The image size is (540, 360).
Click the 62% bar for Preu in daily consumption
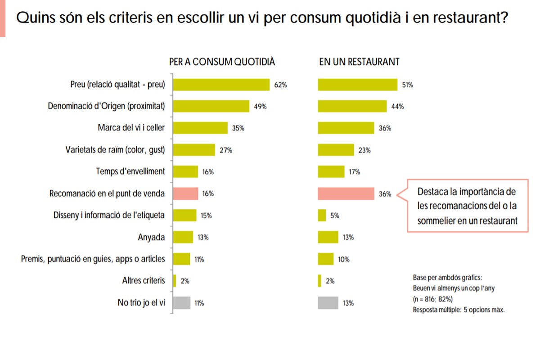coord(221,84)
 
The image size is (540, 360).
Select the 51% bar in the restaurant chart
coord(358,84)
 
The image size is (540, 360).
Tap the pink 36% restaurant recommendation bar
coord(346,194)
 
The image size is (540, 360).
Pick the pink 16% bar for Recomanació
coord(186,194)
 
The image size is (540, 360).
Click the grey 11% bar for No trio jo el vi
coord(182,303)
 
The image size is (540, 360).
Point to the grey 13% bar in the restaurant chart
coord(328,303)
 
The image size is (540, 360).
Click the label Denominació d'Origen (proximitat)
coord(106,106)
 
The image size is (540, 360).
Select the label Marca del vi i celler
coord(131,128)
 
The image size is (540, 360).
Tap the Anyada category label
coord(151,237)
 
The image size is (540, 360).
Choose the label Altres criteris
coord(144,281)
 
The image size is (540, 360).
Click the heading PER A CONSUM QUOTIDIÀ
coord(222,62)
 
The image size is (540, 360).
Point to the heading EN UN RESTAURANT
coord(359,62)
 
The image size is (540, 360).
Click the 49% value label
coord(260,107)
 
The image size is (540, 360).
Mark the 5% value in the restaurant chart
coord(334,216)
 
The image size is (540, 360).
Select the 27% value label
coord(225,150)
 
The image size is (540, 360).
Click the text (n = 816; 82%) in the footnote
coord(432,299)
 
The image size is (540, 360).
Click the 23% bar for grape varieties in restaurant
coord(336,150)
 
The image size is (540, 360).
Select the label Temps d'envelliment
coord(130,171)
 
